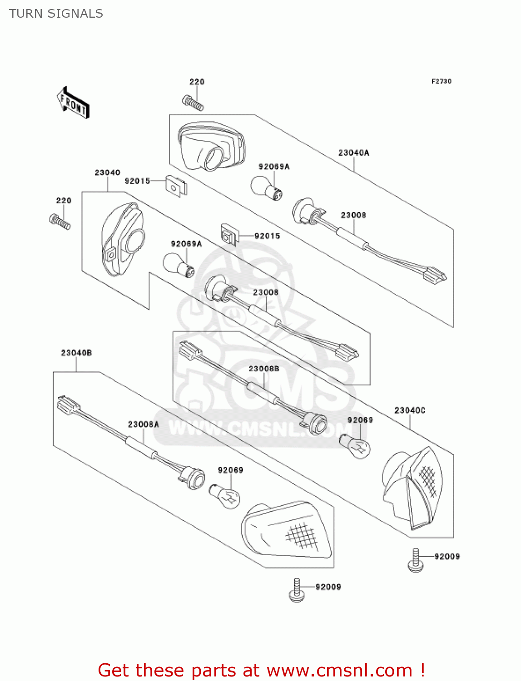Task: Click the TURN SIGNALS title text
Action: (x=56, y=14)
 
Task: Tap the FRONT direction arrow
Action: (x=73, y=103)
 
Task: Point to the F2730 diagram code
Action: (x=441, y=81)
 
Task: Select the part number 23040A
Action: (x=353, y=153)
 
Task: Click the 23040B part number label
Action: (x=76, y=353)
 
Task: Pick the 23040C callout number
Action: (x=410, y=410)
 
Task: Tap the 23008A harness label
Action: (x=144, y=424)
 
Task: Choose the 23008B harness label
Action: (x=263, y=369)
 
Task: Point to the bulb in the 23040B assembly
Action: (x=225, y=495)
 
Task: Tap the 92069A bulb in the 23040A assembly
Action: (x=267, y=188)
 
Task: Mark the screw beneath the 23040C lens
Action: (x=415, y=560)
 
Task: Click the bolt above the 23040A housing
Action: (x=193, y=103)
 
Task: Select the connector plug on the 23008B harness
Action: (x=190, y=350)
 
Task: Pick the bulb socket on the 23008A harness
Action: (x=193, y=479)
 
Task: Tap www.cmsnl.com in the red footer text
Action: (x=339, y=671)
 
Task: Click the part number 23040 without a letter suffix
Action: (x=107, y=173)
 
